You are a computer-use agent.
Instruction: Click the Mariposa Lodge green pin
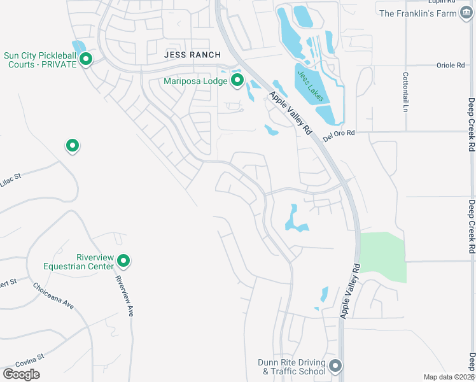pos(237,81)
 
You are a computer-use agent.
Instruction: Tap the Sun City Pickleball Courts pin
pos(86,60)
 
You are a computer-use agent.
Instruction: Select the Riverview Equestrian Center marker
pos(124,261)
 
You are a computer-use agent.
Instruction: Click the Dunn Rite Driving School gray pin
pos(336,367)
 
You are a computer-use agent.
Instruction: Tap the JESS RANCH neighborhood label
pos(192,55)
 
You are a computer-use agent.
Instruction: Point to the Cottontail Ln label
pos(405,92)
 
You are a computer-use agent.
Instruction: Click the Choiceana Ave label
pos(53,296)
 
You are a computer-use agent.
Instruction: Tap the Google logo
pos(21,374)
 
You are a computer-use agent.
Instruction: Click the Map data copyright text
pos(449,377)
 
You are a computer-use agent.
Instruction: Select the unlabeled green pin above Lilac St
pos(73,146)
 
